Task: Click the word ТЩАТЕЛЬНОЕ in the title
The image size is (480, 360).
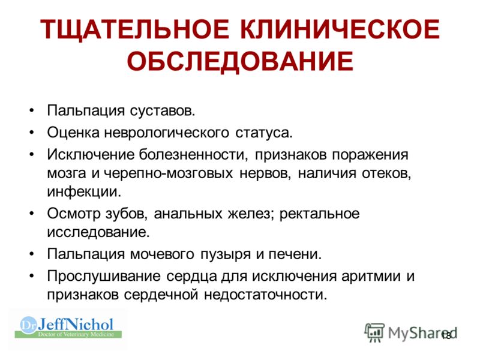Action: (134, 30)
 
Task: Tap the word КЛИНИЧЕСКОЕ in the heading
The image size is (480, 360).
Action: (340, 29)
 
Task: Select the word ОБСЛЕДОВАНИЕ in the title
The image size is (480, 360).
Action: (240, 61)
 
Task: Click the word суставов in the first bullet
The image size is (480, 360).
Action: (162, 110)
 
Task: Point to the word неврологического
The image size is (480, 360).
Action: (166, 133)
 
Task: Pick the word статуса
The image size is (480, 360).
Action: (264, 133)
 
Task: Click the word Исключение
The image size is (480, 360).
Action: (91, 155)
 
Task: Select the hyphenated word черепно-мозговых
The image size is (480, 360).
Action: (169, 173)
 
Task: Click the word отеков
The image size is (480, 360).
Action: (386, 173)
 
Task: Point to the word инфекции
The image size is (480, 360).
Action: (84, 192)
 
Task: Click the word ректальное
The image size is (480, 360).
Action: (319, 214)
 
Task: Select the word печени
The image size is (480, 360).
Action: (295, 254)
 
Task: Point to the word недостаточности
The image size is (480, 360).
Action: (266, 295)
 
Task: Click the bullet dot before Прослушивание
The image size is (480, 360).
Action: (32, 276)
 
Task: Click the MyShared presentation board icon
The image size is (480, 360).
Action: (374, 332)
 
